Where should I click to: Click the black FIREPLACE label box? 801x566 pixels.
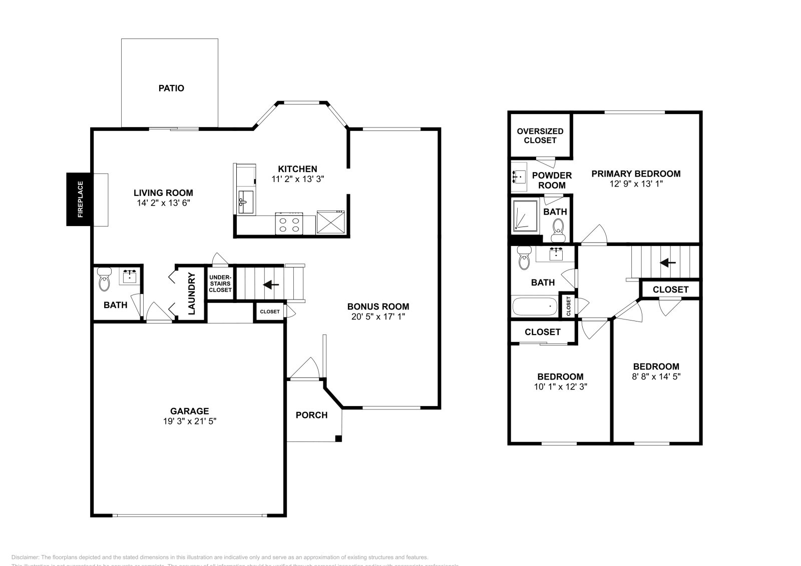(80, 199)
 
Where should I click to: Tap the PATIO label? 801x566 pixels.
(171, 88)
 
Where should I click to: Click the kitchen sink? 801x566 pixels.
(246, 201)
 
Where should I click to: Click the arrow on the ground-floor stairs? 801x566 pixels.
(271, 284)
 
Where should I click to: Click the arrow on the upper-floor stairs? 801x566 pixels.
(667, 262)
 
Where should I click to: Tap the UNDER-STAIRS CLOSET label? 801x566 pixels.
(220, 283)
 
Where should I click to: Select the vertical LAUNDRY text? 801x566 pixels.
(191, 294)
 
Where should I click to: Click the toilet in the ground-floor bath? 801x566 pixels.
(105, 280)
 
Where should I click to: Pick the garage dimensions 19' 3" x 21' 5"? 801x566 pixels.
(189, 421)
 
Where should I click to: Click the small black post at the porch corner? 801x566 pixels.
(338, 439)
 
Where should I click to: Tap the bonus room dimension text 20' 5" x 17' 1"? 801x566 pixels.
(378, 316)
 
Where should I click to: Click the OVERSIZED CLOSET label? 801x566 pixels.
(540, 136)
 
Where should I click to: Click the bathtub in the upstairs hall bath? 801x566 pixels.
(534, 306)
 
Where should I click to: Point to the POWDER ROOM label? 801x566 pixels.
(552, 180)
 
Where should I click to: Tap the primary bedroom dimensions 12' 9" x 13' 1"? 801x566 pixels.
(636, 184)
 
